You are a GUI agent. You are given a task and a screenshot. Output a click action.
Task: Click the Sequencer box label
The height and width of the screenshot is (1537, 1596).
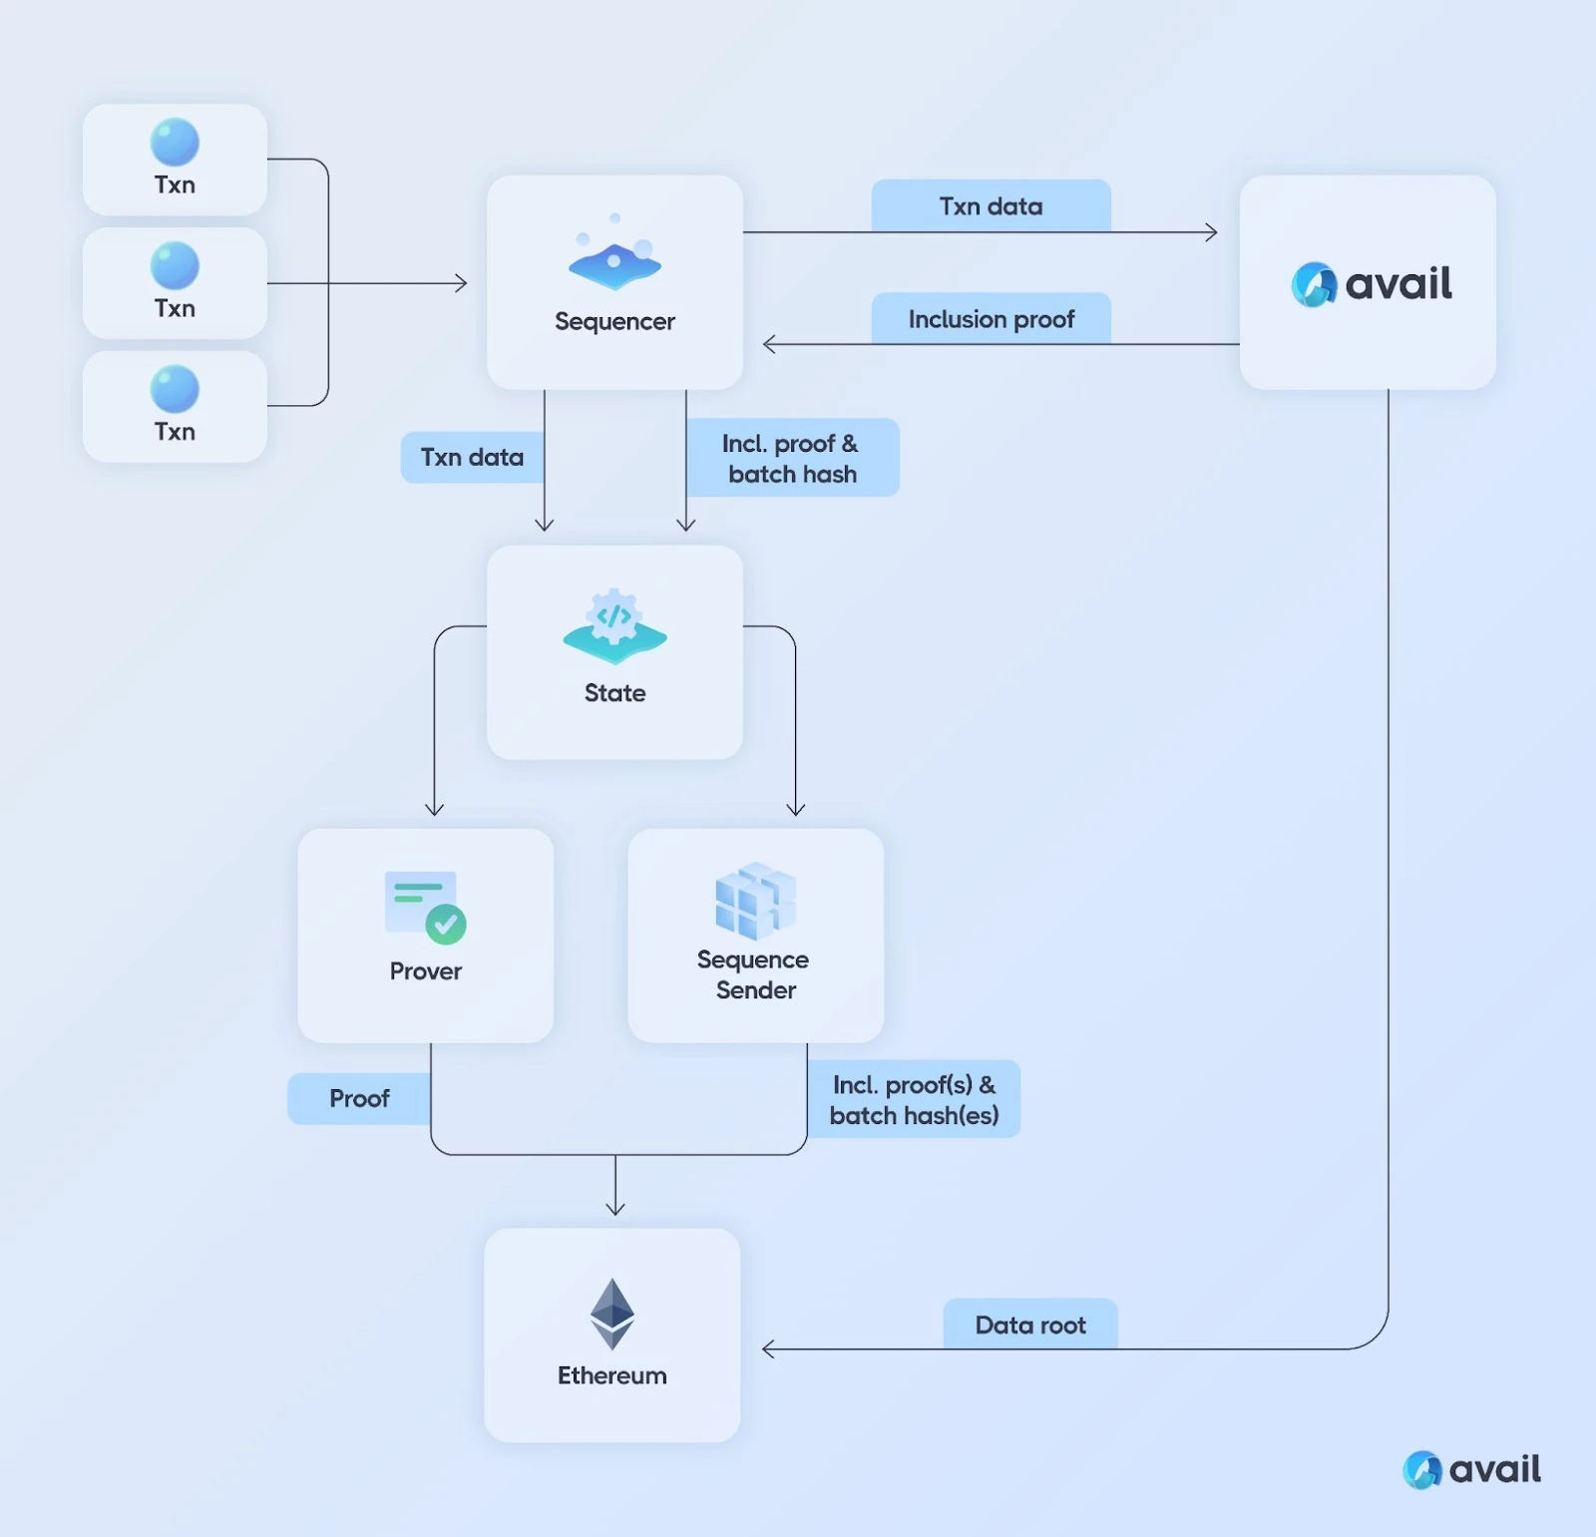(614, 321)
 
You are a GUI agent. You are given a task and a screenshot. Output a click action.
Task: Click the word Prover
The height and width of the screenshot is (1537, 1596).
(426, 970)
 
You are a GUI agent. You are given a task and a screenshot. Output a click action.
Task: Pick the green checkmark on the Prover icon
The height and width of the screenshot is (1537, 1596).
(446, 925)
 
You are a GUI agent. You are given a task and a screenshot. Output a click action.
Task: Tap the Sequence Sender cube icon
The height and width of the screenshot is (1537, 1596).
(755, 900)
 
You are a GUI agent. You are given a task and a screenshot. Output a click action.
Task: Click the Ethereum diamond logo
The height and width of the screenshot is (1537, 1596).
(611, 1314)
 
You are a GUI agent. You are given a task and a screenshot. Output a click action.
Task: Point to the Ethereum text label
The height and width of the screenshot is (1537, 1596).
(611, 1375)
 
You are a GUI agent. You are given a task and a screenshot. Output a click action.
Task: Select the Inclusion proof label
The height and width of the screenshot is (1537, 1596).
(991, 319)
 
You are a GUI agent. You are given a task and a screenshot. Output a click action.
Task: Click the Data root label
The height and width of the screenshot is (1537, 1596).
(1030, 1325)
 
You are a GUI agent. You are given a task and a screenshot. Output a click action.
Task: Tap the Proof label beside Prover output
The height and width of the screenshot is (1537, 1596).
(359, 1098)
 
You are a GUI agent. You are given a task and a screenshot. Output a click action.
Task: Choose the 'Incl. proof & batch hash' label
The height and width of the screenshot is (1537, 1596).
(792, 458)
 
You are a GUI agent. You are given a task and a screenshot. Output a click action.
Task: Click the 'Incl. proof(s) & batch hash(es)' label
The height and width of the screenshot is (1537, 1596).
(914, 1099)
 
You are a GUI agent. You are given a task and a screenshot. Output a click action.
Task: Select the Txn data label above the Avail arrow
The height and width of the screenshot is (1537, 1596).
(991, 206)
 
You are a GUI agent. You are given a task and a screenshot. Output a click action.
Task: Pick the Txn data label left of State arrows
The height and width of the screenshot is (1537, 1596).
(472, 457)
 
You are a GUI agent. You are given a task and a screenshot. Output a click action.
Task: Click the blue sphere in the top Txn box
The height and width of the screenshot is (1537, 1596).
(175, 143)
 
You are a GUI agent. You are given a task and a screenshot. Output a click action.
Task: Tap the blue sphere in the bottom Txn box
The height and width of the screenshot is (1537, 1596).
(175, 389)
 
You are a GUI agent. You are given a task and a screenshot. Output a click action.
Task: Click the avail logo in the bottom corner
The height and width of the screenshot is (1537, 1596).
(1472, 1469)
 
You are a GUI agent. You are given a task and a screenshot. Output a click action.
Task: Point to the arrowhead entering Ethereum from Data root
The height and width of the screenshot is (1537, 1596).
(767, 1349)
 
